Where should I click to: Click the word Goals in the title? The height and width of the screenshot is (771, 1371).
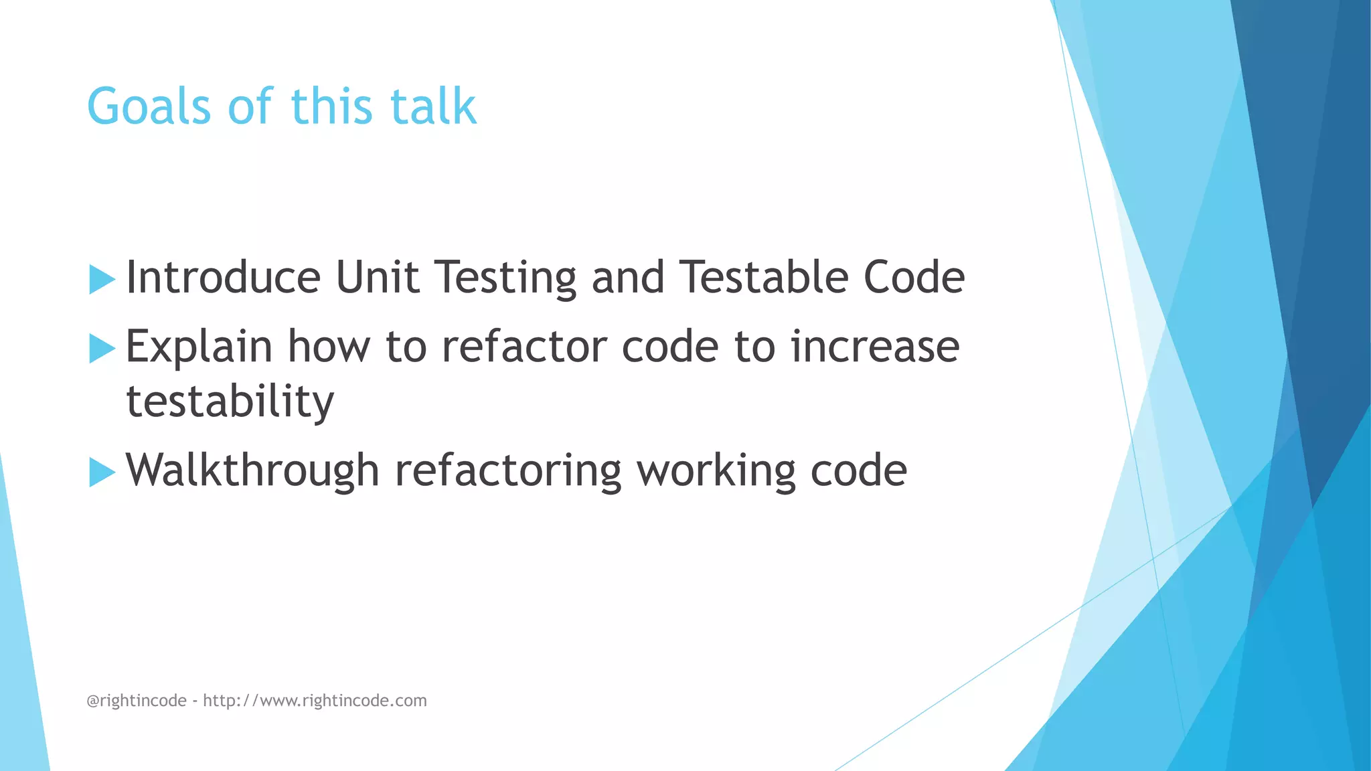[149, 107]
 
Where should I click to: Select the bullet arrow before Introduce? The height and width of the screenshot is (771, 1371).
[102, 279]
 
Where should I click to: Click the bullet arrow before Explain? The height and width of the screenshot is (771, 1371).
[102, 348]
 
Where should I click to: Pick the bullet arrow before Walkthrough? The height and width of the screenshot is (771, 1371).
[102, 472]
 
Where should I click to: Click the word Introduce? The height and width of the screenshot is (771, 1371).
[224, 278]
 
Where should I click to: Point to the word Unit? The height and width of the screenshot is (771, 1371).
[378, 278]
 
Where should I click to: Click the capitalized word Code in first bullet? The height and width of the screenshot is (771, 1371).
[914, 278]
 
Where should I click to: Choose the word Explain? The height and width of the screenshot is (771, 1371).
[199, 348]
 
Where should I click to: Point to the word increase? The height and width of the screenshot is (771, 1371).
[875, 347]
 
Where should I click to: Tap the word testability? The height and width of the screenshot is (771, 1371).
[230, 403]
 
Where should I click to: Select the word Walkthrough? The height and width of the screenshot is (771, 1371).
[252, 470]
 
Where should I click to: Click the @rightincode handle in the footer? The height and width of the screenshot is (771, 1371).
[137, 701]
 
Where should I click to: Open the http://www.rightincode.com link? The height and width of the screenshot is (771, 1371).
[315, 701]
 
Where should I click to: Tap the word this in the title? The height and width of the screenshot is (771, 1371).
[331, 107]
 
